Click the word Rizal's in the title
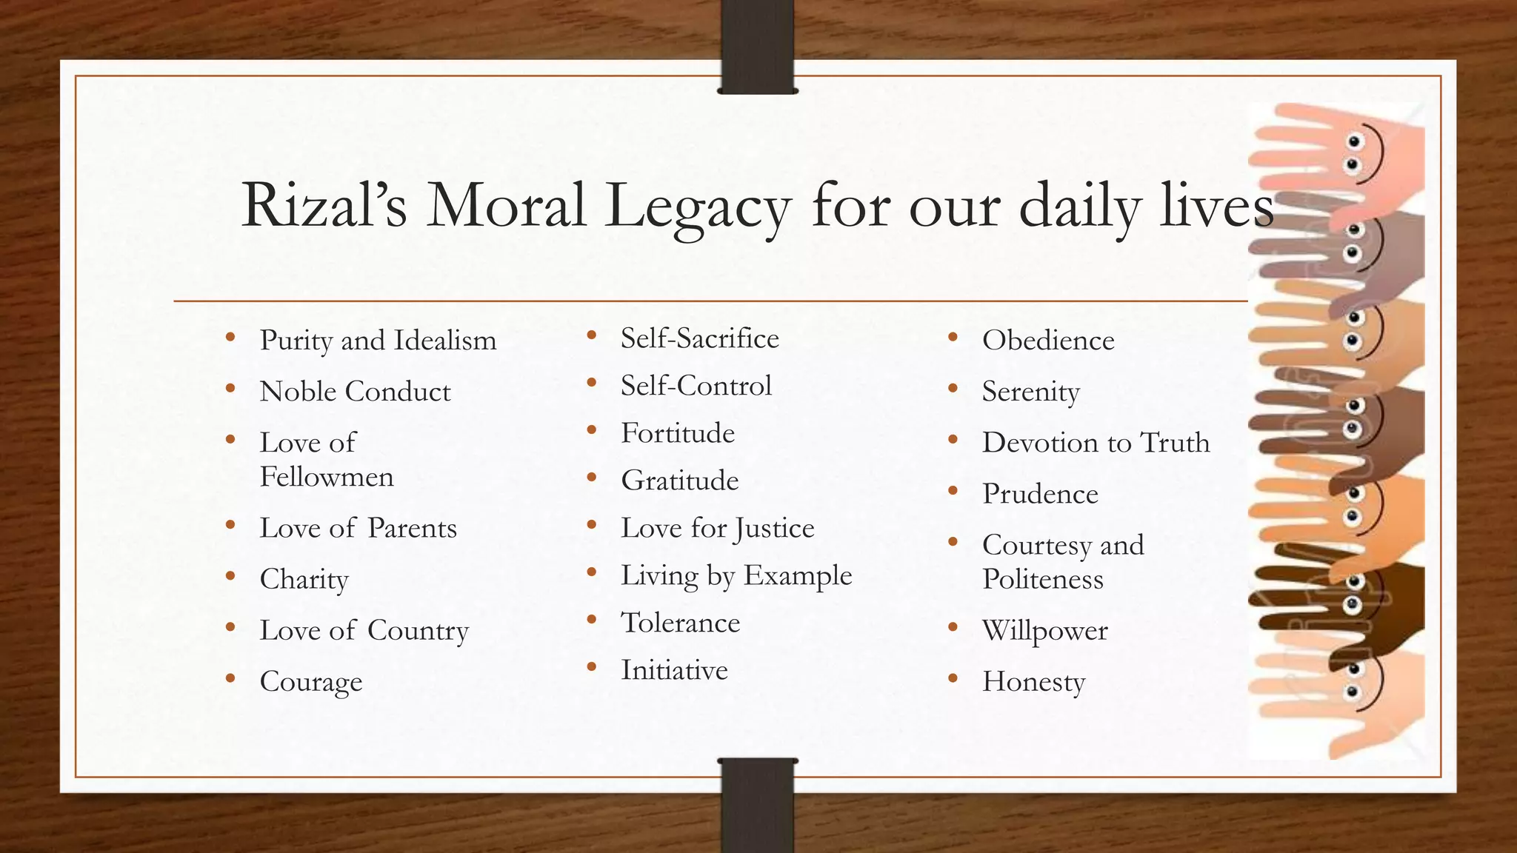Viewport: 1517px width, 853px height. [324, 205]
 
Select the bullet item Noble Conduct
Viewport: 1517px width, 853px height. [355, 392]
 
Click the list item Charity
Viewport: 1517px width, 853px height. [304, 580]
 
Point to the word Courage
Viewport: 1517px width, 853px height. [311, 682]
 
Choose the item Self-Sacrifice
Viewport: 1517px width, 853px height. [700, 338]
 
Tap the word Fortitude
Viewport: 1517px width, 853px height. [678, 433]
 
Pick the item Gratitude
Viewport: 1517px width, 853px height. [680, 481]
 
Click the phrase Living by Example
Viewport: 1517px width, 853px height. [736, 576]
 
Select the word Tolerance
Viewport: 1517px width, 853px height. [680, 623]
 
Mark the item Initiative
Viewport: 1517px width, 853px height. [674, 670]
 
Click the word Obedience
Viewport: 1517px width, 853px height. [1048, 341]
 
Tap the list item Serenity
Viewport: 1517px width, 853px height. [1030, 392]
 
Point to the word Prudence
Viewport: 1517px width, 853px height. [1040, 494]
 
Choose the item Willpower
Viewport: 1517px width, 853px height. [1044, 631]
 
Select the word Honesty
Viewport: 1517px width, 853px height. [1033, 682]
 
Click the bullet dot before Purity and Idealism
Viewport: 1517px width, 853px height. [231, 338]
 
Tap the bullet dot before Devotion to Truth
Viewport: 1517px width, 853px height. [953, 441]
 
